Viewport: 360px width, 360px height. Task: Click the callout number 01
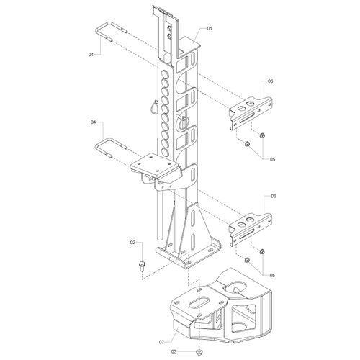pyautogui.click(x=210, y=28)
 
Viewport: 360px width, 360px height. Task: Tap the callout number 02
pyautogui.click(x=132, y=243)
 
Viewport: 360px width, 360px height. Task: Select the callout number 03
pyautogui.click(x=174, y=351)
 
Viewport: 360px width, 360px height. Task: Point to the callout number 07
pyautogui.click(x=161, y=342)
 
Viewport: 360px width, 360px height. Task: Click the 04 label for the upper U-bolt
pyautogui.click(x=91, y=55)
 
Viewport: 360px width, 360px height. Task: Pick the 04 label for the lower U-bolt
pyautogui.click(x=93, y=122)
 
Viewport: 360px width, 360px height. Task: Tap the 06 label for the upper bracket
pyautogui.click(x=271, y=81)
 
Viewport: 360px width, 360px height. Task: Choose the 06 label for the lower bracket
pyautogui.click(x=274, y=196)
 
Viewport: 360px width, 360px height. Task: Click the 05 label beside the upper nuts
pyautogui.click(x=272, y=159)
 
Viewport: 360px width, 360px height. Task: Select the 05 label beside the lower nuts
pyautogui.click(x=272, y=276)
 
